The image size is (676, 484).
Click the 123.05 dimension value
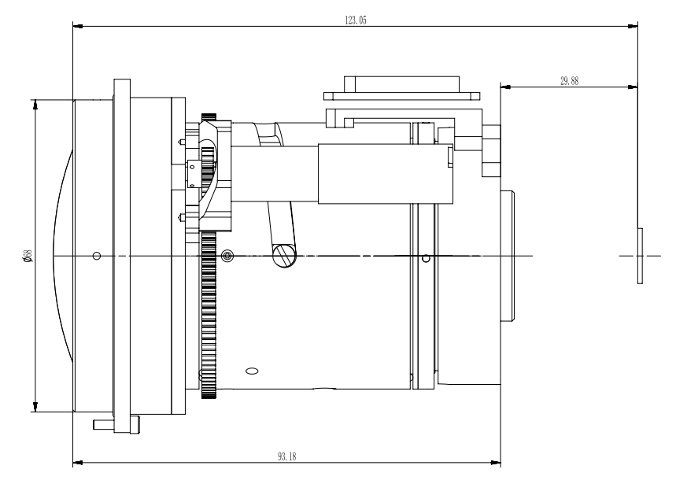pos(356,20)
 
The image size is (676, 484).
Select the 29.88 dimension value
pos(569,81)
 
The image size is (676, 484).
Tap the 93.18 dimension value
pos(287,456)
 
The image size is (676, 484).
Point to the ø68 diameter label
pos(28,256)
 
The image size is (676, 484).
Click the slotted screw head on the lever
pos(285,256)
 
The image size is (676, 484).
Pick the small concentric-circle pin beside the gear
pos(227,256)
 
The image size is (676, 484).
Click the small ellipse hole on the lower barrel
pos(252,371)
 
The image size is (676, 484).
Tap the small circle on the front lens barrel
pos(97,256)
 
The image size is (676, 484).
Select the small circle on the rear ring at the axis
pos(426,258)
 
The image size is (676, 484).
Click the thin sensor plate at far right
pos(641,256)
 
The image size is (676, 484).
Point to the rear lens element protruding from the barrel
pos(508,256)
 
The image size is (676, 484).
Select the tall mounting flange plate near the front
pos(122,256)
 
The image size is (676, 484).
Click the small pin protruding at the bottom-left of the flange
pos(103,424)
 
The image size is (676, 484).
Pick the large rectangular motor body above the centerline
pos(386,174)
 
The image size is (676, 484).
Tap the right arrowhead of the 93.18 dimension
pos(495,463)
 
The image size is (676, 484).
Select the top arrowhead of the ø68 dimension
pos(35,105)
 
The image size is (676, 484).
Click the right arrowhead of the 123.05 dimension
pos(633,26)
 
